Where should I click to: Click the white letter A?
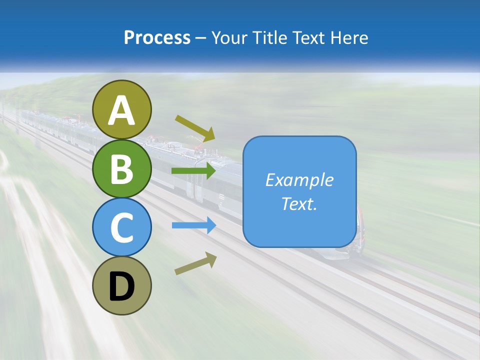122,111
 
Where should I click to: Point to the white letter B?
122,169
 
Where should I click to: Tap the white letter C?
122,227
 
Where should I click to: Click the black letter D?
122,286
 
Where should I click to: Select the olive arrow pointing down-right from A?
195,127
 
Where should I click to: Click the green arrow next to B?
193,171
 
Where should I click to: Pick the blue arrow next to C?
194,225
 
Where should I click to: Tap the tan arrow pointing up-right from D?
195,263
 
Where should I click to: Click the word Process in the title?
157,38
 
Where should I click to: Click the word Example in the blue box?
299,180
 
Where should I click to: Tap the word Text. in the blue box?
299,203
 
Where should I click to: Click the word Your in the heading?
230,38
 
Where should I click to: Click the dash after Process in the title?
201,38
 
